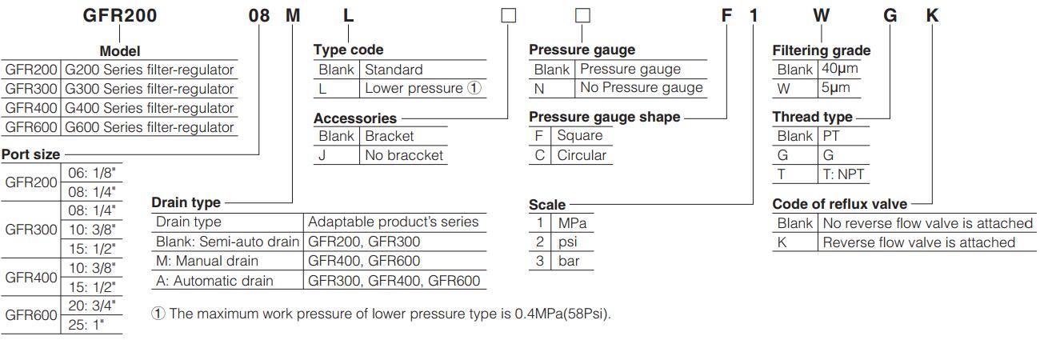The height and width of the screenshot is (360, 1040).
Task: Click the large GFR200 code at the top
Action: click(120, 16)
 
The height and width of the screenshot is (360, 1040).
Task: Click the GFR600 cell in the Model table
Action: click(31, 127)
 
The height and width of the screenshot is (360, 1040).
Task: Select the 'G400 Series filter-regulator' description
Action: click(150, 108)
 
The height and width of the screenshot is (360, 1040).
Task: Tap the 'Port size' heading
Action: click(31, 154)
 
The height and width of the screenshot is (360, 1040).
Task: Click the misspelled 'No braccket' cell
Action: click(404, 155)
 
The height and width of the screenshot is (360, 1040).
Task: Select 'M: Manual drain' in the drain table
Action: click(206, 261)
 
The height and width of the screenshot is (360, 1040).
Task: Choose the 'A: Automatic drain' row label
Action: click(214, 281)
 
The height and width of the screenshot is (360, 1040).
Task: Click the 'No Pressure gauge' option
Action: click(641, 88)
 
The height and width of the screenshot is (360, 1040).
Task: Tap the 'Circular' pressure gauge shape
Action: click(582, 155)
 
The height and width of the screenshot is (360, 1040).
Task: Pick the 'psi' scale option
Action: click(569, 242)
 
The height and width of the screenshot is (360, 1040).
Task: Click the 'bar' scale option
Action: click(569, 262)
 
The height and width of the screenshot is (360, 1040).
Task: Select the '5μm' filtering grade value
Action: click(835, 89)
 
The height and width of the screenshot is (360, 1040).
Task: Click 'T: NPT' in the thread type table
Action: click(843, 174)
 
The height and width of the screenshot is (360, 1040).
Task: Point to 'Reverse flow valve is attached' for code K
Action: click(918, 242)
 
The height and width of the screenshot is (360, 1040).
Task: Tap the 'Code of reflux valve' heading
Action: click(839, 204)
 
